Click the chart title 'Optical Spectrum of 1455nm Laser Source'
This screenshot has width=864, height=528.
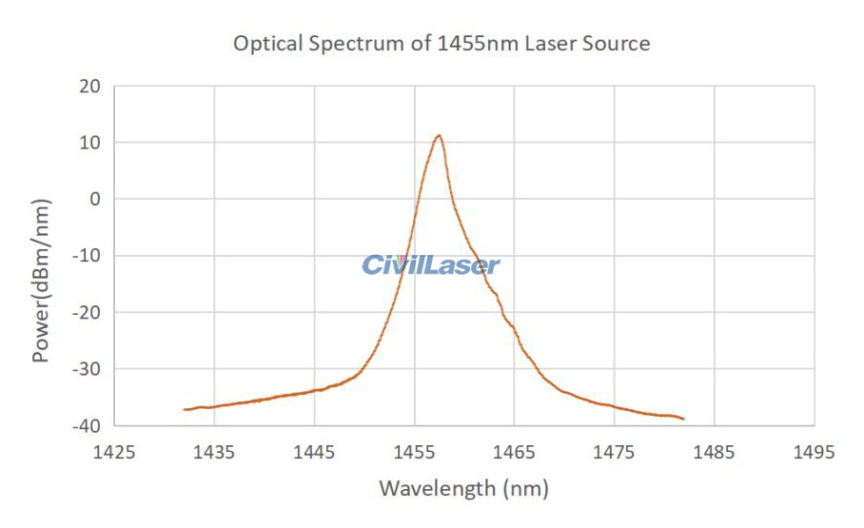(x=442, y=44)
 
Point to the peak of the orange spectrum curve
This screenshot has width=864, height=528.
(x=439, y=136)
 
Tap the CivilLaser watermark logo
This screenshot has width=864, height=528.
(x=430, y=264)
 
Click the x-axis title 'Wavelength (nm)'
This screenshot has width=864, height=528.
(x=463, y=489)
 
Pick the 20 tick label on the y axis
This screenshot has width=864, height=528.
(x=90, y=86)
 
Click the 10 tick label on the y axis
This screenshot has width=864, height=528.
(x=90, y=143)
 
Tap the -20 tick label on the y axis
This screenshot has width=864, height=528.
(x=87, y=312)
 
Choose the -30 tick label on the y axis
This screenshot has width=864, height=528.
(x=87, y=368)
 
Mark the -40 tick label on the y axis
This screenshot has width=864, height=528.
(x=87, y=424)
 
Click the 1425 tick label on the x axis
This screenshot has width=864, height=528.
(x=114, y=453)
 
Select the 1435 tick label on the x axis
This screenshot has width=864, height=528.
(x=214, y=453)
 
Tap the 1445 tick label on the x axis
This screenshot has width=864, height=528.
(x=314, y=453)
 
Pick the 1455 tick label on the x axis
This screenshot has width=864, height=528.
(x=414, y=453)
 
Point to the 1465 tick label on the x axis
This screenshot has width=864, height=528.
(x=514, y=453)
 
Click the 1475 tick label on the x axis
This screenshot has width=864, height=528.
(x=614, y=453)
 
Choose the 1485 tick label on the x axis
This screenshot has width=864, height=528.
(x=714, y=453)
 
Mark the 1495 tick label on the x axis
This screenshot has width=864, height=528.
(x=814, y=453)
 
